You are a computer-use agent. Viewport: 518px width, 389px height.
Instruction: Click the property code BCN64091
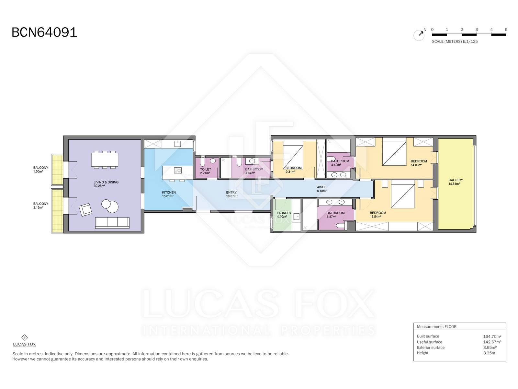pos(44,32)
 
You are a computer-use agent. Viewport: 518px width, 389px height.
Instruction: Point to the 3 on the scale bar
pos(477,29)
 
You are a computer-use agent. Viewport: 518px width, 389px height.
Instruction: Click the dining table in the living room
pos(105,160)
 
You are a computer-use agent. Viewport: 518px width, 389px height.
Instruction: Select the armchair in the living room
pos(85,210)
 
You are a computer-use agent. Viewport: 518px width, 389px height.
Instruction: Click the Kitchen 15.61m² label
pos(169,194)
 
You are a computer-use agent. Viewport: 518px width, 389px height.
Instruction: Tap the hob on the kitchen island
pos(178,170)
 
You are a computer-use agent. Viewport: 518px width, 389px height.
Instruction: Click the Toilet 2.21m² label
pos(206,171)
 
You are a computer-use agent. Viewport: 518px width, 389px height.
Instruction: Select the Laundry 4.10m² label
pos(284,215)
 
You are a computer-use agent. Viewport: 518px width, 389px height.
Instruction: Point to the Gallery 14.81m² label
pos(456,182)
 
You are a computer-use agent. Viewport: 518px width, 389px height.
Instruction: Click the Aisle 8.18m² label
pos(321,189)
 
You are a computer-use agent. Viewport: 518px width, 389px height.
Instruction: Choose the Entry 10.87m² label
pos(231,194)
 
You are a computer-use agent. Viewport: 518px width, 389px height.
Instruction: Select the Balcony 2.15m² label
pos(40,206)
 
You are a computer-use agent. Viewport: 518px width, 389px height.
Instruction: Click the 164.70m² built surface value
pos(492,336)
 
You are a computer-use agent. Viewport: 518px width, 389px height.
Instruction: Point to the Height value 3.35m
pos(489,353)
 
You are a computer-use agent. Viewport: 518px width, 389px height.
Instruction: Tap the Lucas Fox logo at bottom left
pos(24,341)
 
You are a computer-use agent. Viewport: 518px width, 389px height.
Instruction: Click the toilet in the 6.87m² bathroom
pos(340,226)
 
